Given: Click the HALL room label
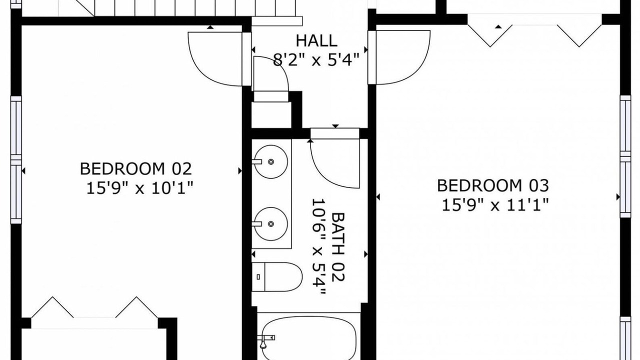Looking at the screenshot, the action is [x=316, y=41].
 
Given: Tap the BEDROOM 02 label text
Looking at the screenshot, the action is [x=135, y=169].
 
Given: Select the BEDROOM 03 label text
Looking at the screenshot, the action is [x=493, y=185].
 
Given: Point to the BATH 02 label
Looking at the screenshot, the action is [x=338, y=247].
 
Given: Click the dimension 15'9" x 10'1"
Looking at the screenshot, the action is [x=139, y=188].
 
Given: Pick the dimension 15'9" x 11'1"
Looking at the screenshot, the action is [x=495, y=205].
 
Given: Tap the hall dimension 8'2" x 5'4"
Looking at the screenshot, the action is [x=316, y=60].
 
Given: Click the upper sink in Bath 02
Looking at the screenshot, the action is [x=271, y=161].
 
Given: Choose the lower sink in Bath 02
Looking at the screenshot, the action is [x=271, y=223].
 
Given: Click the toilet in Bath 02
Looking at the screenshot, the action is [x=277, y=277].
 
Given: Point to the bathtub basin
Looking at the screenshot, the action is [x=309, y=338].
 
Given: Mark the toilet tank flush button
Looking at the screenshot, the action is [x=258, y=277].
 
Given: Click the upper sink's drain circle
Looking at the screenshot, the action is [x=271, y=161].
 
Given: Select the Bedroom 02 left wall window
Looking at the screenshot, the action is [x=16, y=159].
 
